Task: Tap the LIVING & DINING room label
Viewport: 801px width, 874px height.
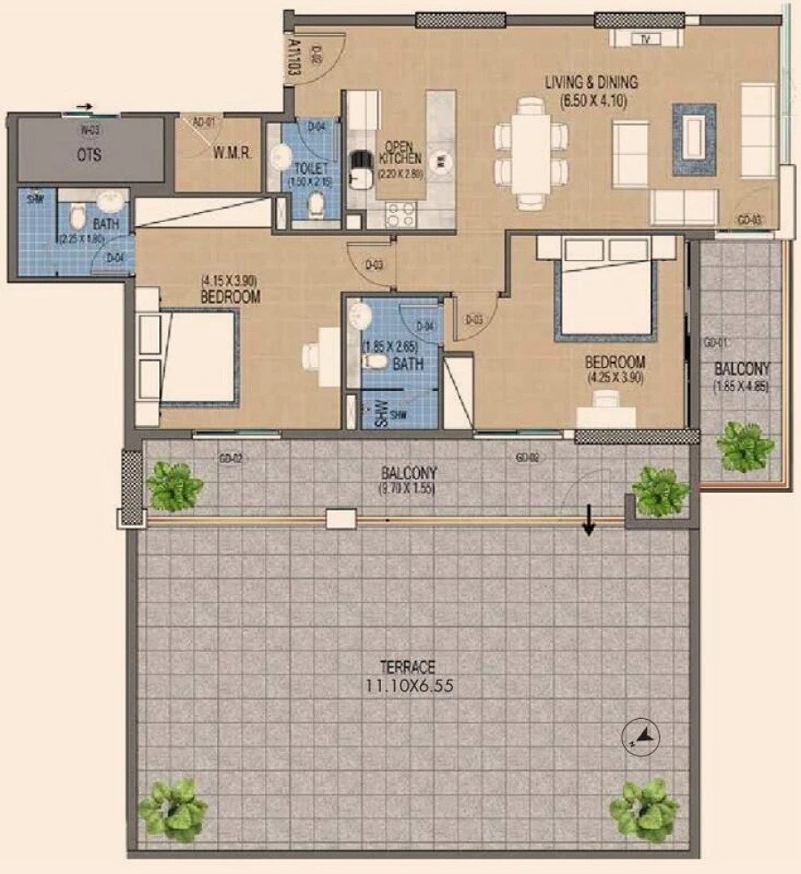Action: pos(592,82)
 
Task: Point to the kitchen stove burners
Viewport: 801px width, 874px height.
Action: pos(400,215)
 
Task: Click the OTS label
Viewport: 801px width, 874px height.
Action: pos(88,155)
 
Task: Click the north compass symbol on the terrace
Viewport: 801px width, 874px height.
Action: pos(639,735)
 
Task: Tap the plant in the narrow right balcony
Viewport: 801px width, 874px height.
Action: pos(744,445)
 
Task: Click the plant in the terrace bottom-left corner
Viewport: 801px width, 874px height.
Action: pos(172,809)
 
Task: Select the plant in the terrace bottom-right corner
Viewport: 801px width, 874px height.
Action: pos(643,809)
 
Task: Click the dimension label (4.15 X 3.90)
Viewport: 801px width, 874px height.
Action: pos(230,282)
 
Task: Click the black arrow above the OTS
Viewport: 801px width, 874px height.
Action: pos(83,107)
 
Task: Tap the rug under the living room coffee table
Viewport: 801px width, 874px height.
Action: pos(693,138)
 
